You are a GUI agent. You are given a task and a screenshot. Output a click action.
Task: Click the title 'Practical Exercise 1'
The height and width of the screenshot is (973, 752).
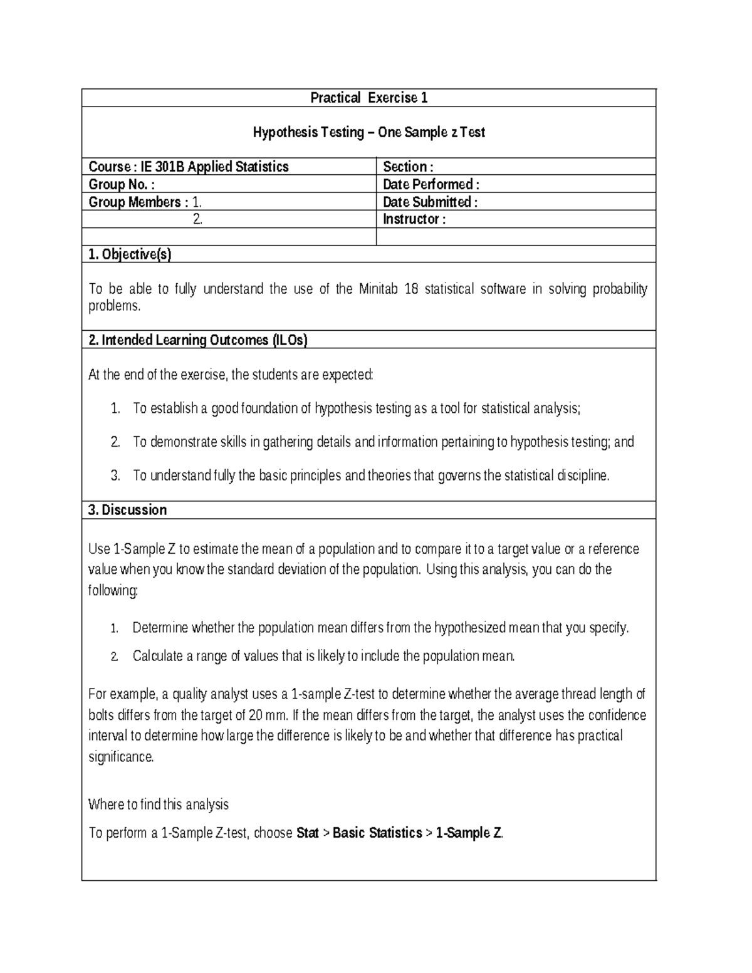click(369, 98)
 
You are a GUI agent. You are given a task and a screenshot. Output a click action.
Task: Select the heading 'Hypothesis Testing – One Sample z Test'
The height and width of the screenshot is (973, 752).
click(369, 132)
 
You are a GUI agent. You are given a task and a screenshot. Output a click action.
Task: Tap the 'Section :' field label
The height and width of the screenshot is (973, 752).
click(408, 167)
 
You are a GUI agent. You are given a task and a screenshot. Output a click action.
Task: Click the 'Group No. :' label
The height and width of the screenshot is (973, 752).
click(122, 184)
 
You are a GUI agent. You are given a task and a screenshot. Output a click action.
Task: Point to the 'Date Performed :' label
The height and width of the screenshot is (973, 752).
click(431, 184)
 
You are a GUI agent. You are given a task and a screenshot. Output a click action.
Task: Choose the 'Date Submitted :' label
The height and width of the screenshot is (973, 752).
click(430, 202)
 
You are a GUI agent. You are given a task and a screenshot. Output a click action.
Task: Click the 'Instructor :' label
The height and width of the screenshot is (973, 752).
click(414, 219)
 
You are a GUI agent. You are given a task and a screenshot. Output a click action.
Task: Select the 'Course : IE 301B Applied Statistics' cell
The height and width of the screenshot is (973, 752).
click(189, 167)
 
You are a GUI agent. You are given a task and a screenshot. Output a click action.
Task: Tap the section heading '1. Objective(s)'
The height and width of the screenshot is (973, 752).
click(130, 254)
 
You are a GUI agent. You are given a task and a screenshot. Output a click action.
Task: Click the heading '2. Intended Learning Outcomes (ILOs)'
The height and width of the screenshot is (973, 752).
click(198, 340)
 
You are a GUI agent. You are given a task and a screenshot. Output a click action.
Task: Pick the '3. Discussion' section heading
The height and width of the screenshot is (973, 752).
click(128, 510)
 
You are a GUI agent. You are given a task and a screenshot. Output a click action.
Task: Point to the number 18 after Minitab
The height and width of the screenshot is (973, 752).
click(411, 289)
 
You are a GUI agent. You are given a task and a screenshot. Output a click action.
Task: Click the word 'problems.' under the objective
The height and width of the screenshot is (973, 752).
click(115, 306)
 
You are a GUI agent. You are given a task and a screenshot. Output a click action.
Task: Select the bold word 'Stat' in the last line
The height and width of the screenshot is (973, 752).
click(307, 833)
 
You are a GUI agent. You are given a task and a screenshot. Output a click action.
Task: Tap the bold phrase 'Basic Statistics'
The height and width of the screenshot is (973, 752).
click(377, 833)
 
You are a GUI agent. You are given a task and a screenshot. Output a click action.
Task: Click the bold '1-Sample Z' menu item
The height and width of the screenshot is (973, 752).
click(469, 833)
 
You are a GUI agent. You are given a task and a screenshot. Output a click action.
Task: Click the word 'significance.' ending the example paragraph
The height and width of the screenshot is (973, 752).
click(121, 757)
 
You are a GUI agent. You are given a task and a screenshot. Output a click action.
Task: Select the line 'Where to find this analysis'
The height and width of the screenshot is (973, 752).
click(159, 804)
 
